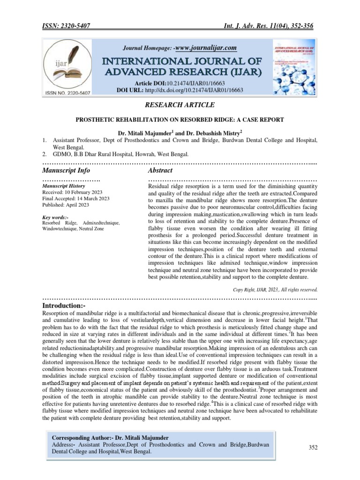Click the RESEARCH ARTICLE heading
(x=180, y=105)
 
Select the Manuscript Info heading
(x=67, y=170)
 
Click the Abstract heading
(x=160, y=170)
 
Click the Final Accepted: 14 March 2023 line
(x=76, y=199)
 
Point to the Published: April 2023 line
(x=67, y=205)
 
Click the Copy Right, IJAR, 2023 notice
(x=275, y=289)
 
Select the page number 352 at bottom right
(x=313, y=448)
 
